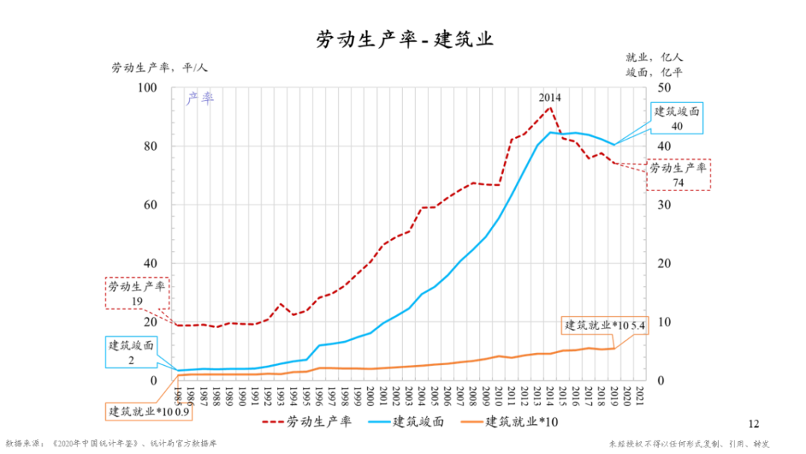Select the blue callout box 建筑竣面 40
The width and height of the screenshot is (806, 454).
click(678, 119)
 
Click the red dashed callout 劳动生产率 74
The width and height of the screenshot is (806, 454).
click(678, 175)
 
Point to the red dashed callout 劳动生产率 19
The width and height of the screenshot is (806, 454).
click(137, 293)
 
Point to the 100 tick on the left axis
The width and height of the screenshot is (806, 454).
click(148, 88)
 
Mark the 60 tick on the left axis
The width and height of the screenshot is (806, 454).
click(151, 205)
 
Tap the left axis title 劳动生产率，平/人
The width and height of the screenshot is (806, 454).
click(160, 67)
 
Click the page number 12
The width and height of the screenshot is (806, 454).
click(754, 424)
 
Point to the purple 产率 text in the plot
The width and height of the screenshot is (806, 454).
click(200, 99)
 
